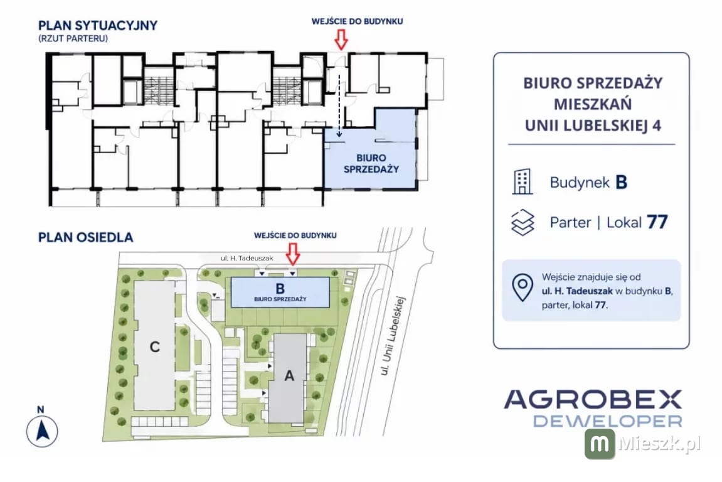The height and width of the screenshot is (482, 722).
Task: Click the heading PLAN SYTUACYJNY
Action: [98, 25]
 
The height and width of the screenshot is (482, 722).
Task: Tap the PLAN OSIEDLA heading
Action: [86, 237]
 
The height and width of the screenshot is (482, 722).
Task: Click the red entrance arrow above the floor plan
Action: [341, 39]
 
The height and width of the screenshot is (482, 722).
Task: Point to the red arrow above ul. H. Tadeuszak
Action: [293, 254]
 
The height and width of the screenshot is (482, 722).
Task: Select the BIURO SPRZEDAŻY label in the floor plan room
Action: [371, 164]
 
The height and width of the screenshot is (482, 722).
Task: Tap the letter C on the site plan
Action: [155, 346]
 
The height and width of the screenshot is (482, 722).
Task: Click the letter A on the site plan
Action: [289, 376]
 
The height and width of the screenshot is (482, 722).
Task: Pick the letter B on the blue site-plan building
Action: [280, 289]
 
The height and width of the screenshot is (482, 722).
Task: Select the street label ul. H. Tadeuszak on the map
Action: [247, 259]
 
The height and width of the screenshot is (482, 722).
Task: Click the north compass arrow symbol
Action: [42, 431]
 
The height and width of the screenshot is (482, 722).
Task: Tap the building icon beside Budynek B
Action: [523, 181]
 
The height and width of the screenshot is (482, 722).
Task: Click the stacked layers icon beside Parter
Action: [523, 222]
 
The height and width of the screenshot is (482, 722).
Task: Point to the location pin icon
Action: [523, 288]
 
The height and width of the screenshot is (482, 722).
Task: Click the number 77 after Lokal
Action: [657, 222]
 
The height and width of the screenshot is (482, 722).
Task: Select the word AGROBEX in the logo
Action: [593, 399]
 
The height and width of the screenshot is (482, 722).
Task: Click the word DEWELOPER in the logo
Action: [608, 421]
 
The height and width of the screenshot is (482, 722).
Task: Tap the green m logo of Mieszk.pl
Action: [600, 444]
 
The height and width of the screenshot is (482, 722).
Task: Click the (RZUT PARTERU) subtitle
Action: [73, 38]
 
